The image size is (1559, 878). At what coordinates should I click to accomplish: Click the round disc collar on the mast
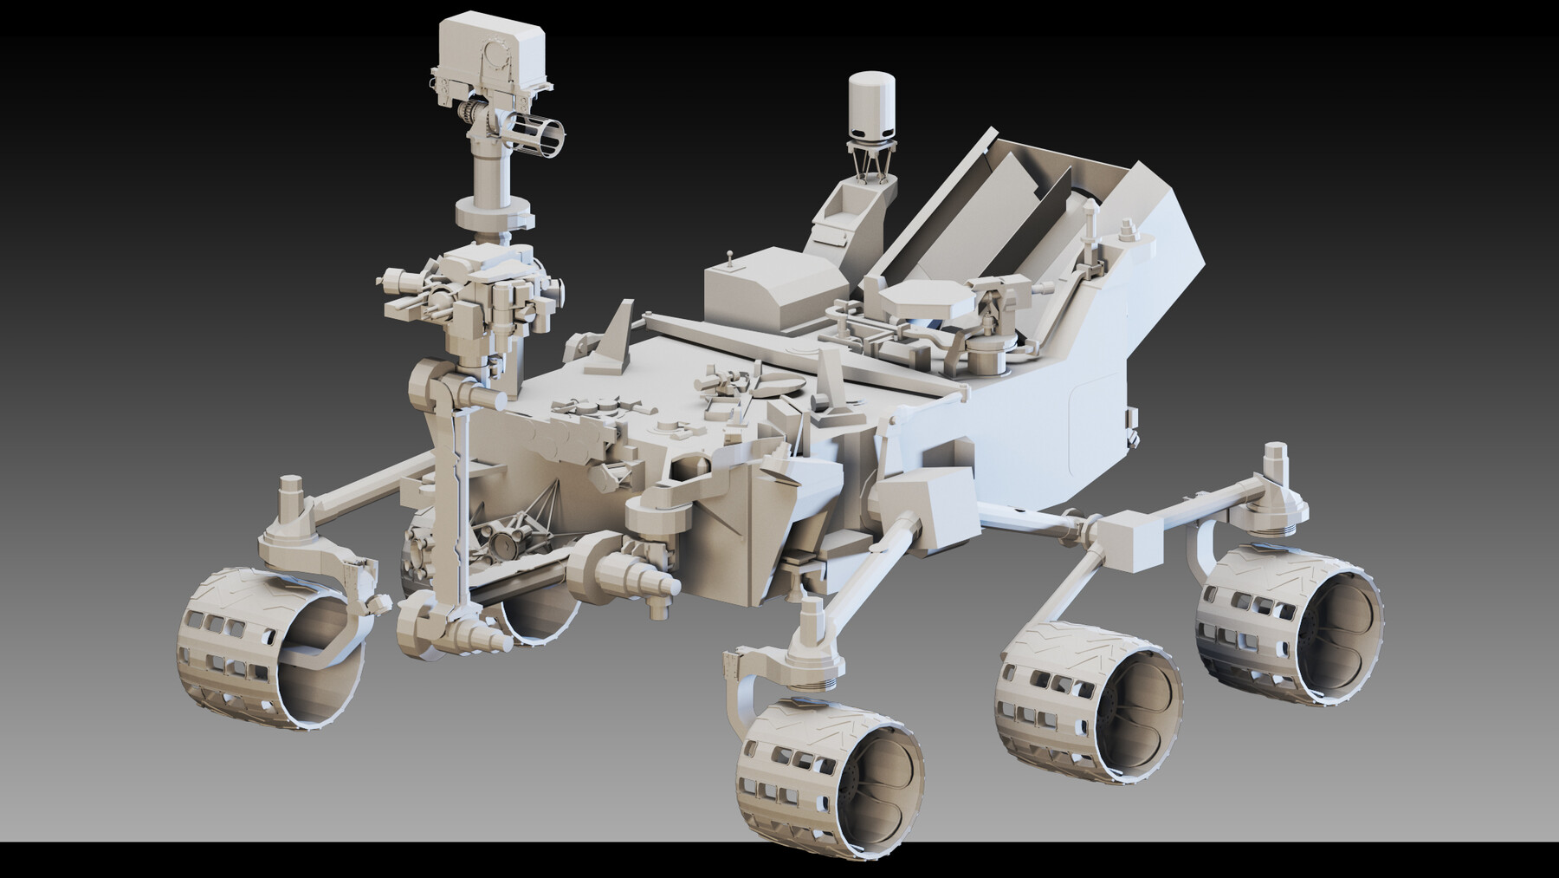(x=491, y=211)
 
